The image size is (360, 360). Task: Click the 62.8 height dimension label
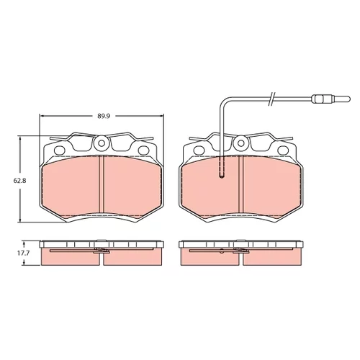pyautogui.click(x=19, y=181)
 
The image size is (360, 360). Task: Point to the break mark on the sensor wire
pyautogui.click(x=271, y=99)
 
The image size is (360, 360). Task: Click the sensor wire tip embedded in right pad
pyautogui.click(x=222, y=176)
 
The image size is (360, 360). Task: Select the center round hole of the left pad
pyautogui.click(x=102, y=143)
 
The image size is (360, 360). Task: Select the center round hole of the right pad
pyautogui.click(x=240, y=143)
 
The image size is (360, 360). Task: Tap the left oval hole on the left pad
pyautogui.click(x=60, y=150)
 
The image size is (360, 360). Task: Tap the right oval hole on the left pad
pyautogui.click(x=144, y=150)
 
